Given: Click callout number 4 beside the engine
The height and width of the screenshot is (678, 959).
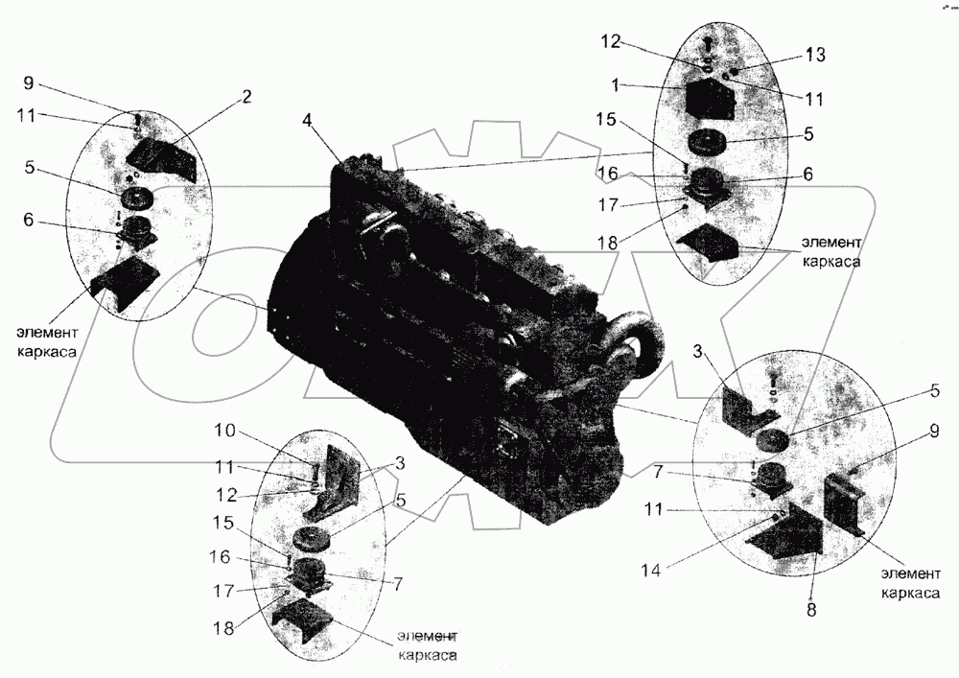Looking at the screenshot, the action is point(308,121).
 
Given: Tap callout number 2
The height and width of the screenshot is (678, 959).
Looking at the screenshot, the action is point(246,97).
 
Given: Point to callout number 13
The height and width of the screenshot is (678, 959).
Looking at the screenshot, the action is point(814,55).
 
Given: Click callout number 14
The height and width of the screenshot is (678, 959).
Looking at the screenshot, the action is point(652,570).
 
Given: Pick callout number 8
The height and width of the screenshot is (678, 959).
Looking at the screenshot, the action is point(811,610).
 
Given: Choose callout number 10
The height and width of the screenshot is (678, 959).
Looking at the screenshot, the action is point(224,431).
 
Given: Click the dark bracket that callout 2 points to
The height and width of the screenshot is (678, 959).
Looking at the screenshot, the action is point(161,159).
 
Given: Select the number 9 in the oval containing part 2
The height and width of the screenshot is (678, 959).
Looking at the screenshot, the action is point(29,82).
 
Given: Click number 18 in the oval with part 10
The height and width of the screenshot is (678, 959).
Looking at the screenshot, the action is point(223,628).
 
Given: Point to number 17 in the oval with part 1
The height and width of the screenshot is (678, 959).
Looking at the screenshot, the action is point(609,204).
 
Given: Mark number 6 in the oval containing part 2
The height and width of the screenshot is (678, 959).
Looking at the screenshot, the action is point(29,220).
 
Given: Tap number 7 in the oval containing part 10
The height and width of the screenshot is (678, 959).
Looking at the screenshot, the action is point(397,584).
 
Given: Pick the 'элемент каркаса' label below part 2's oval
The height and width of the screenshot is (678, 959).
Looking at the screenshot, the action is point(47,341).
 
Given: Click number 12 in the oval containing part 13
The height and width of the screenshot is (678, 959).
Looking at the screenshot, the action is point(610,41).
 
